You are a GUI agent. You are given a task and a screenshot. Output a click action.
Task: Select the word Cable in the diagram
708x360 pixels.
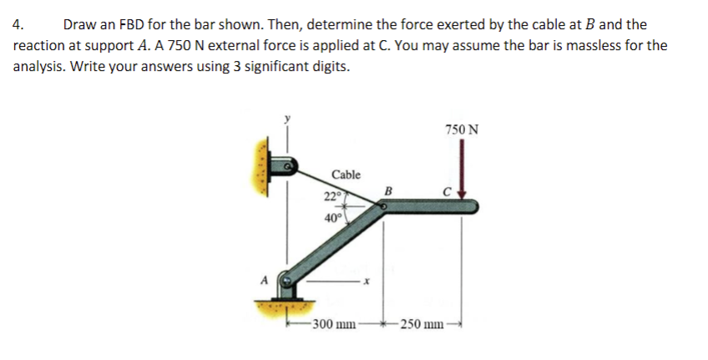[346, 175]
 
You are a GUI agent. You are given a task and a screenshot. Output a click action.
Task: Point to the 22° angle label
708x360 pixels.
[332, 197]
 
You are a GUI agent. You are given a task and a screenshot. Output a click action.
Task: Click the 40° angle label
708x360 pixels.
[332, 219]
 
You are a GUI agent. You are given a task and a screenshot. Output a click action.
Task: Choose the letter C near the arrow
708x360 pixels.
[448, 191]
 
